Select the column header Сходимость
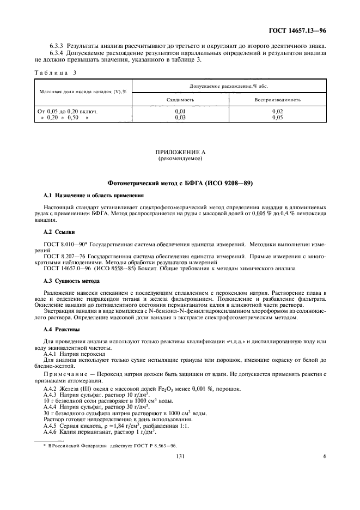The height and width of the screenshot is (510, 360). (180, 100)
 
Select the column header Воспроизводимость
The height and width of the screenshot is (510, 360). (277, 100)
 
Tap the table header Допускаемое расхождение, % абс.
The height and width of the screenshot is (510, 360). (229, 86)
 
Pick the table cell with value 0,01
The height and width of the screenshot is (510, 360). (180, 111)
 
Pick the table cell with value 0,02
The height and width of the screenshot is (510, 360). (277, 111)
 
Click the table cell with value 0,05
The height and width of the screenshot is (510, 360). (277, 117)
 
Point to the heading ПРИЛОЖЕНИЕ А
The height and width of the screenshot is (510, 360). (180, 154)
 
